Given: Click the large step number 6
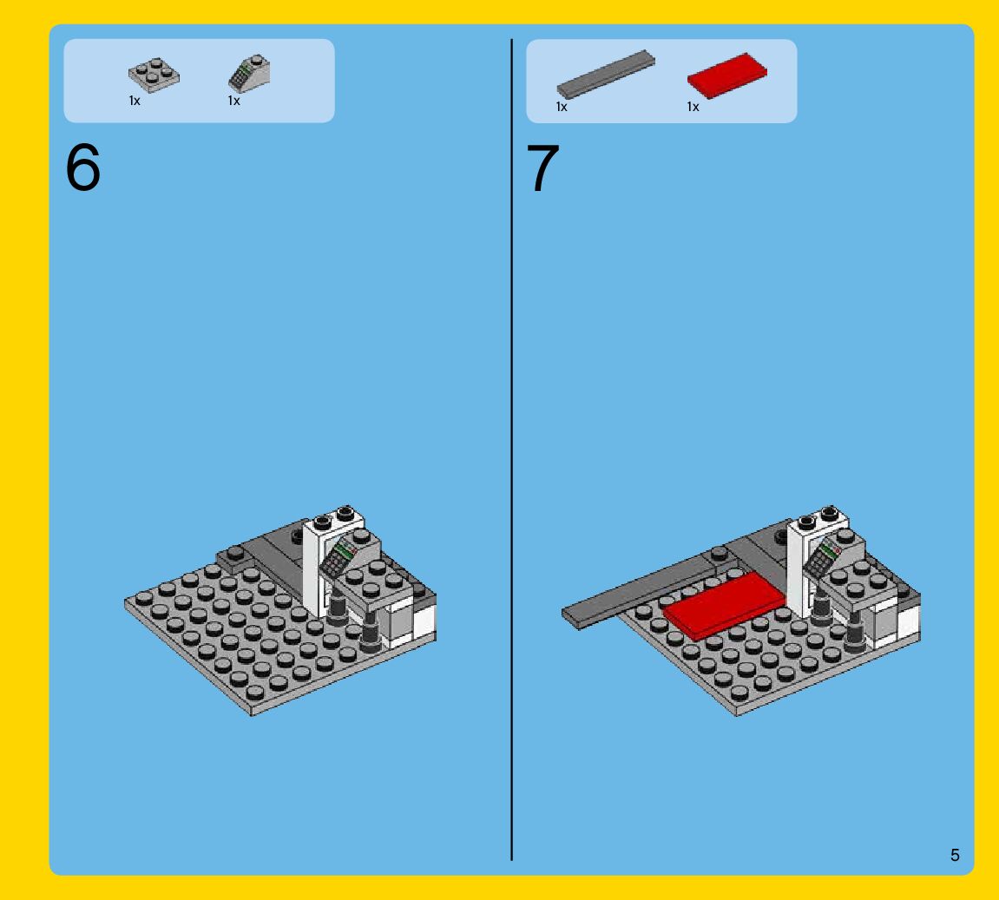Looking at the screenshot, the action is point(82,167).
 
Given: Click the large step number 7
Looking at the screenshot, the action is point(542,168).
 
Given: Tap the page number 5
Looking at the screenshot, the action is point(955,855).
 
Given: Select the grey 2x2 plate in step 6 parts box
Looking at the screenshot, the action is point(154,76).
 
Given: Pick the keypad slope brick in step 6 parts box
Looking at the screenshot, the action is point(249,73).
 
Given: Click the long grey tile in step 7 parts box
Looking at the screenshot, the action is point(606,74).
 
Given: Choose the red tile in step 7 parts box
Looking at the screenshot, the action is point(727,76).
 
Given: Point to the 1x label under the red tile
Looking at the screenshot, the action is point(693,107).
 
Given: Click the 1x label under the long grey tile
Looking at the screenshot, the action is point(562,107).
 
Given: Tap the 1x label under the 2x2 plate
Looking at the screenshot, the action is point(135,101).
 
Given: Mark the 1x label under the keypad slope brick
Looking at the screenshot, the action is point(233,101).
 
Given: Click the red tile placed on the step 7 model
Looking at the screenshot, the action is point(725,604).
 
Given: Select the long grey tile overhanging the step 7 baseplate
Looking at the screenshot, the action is point(643,589).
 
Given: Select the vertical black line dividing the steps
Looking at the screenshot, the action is point(511,450).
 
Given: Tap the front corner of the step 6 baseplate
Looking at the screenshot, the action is point(253,714).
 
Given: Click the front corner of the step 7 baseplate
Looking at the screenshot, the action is point(737,714).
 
